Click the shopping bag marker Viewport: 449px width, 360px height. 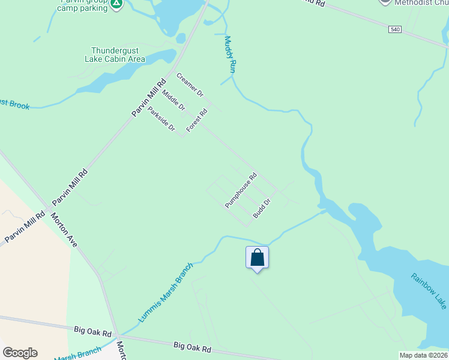[x=257, y=258]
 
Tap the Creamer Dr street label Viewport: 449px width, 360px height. [x=190, y=85]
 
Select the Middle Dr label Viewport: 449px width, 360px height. [x=173, y=100]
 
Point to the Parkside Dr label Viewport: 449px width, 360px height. [x=161, y=119]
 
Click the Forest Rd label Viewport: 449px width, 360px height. [x=197, y=120]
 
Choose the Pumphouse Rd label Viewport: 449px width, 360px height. [x=241, y=190]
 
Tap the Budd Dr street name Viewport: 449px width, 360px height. [x=262, y=208]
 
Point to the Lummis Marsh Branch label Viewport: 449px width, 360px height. [x=166, y=292]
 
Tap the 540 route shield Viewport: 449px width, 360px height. [x=394, y=29]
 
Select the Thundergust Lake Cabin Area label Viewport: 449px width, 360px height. [x=118, y=55]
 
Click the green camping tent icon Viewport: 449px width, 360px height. [x=116, y=4]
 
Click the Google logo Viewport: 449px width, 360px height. [x=20, y=353]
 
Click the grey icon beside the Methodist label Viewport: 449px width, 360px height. [x=385, y=2]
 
